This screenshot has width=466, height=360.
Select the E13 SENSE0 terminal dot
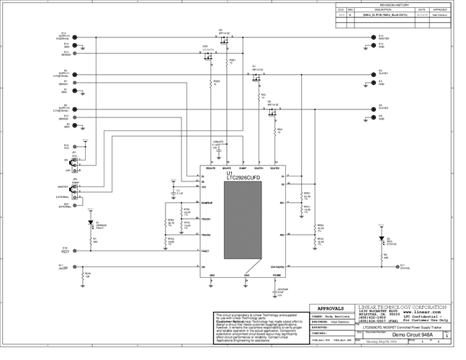(73, 52)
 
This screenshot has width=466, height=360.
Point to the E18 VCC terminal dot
(73, 146)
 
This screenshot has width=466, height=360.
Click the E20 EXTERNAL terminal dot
(73, 205)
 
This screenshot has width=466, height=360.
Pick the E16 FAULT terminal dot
(73, 251)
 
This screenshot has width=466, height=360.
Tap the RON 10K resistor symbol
(81, 276)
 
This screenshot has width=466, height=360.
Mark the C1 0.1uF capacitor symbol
(171, 192)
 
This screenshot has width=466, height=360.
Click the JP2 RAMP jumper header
(76, 188)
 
